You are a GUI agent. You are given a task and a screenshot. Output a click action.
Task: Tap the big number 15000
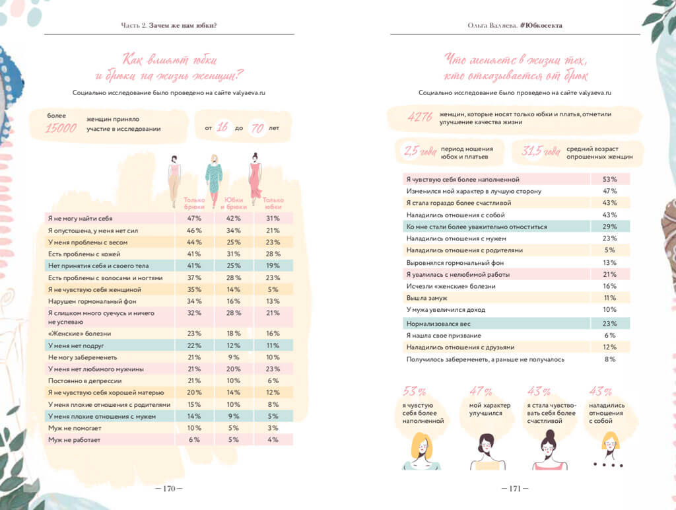[61, 128]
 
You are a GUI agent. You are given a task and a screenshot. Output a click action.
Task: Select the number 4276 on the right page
[421, 118]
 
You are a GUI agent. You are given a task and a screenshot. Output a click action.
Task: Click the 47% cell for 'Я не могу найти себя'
[194, 218]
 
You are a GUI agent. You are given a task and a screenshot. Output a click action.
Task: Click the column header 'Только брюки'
[194, 203]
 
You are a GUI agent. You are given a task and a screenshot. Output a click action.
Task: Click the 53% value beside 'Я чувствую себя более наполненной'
[609, 179]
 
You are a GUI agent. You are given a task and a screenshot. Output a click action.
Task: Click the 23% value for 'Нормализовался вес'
[609, 324]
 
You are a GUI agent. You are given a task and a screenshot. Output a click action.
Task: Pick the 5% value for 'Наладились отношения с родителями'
[609, 250]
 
